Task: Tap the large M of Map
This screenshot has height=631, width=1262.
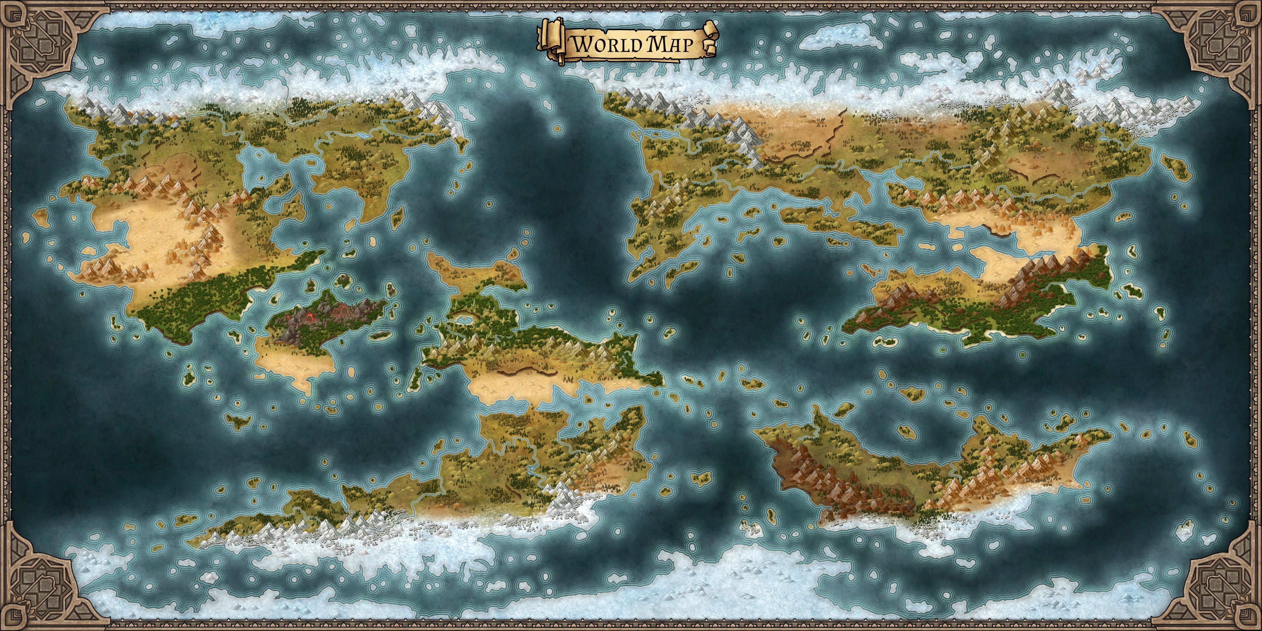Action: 656,44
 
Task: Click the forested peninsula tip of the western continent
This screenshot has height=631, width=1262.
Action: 314,255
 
